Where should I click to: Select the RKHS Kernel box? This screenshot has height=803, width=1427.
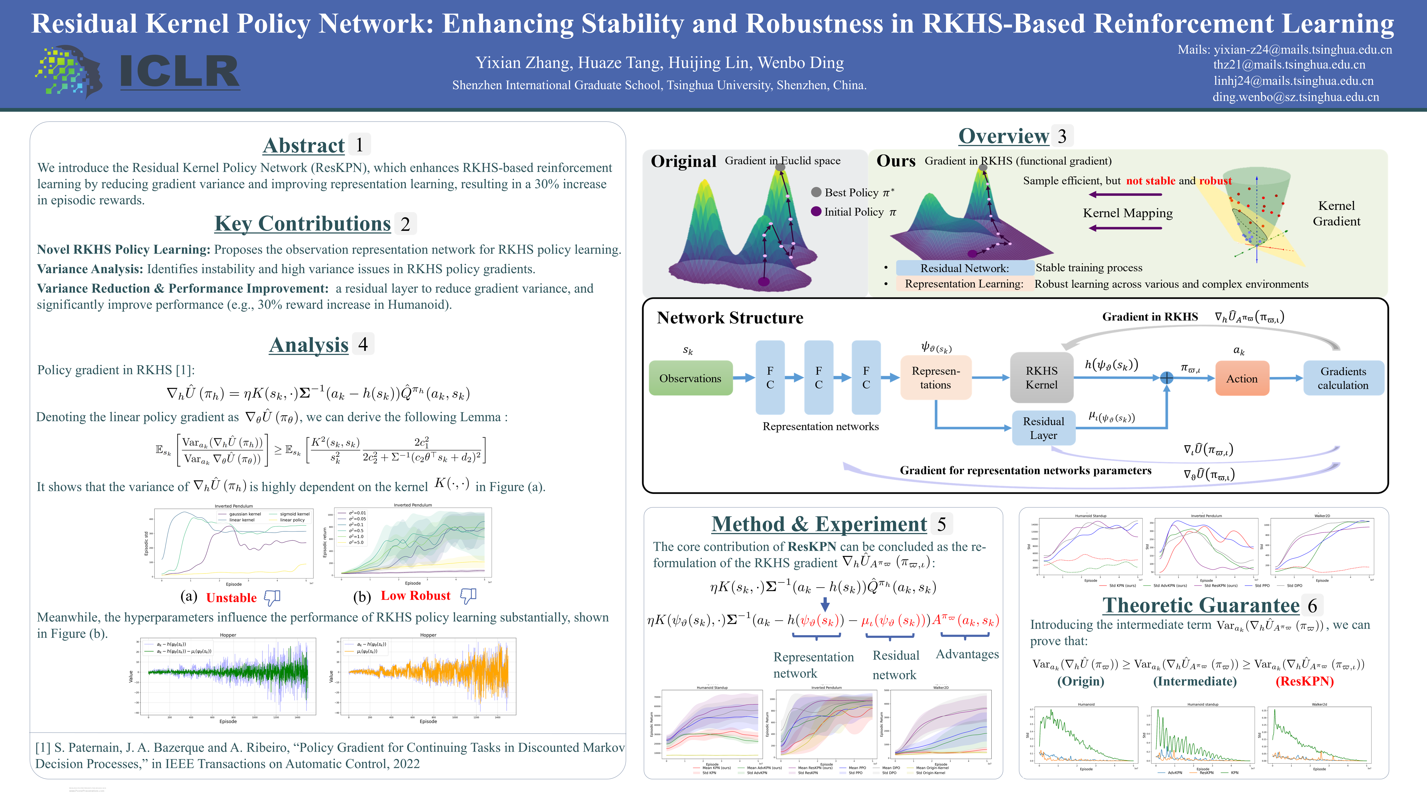tap(1042, 378)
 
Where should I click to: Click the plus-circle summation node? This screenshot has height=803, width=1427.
tap(1167, 378)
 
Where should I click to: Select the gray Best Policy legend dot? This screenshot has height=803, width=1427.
tap(816, 192)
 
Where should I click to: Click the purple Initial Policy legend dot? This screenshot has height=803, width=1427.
tap(816, 211)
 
